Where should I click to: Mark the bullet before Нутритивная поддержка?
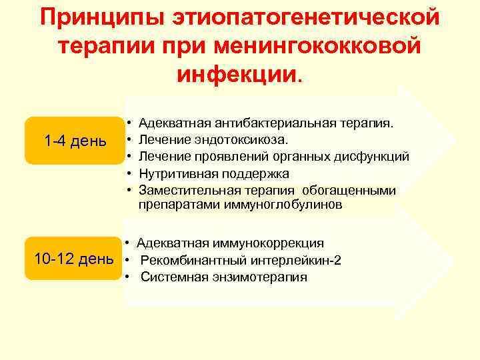127,173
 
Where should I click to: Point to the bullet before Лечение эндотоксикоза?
127,140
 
